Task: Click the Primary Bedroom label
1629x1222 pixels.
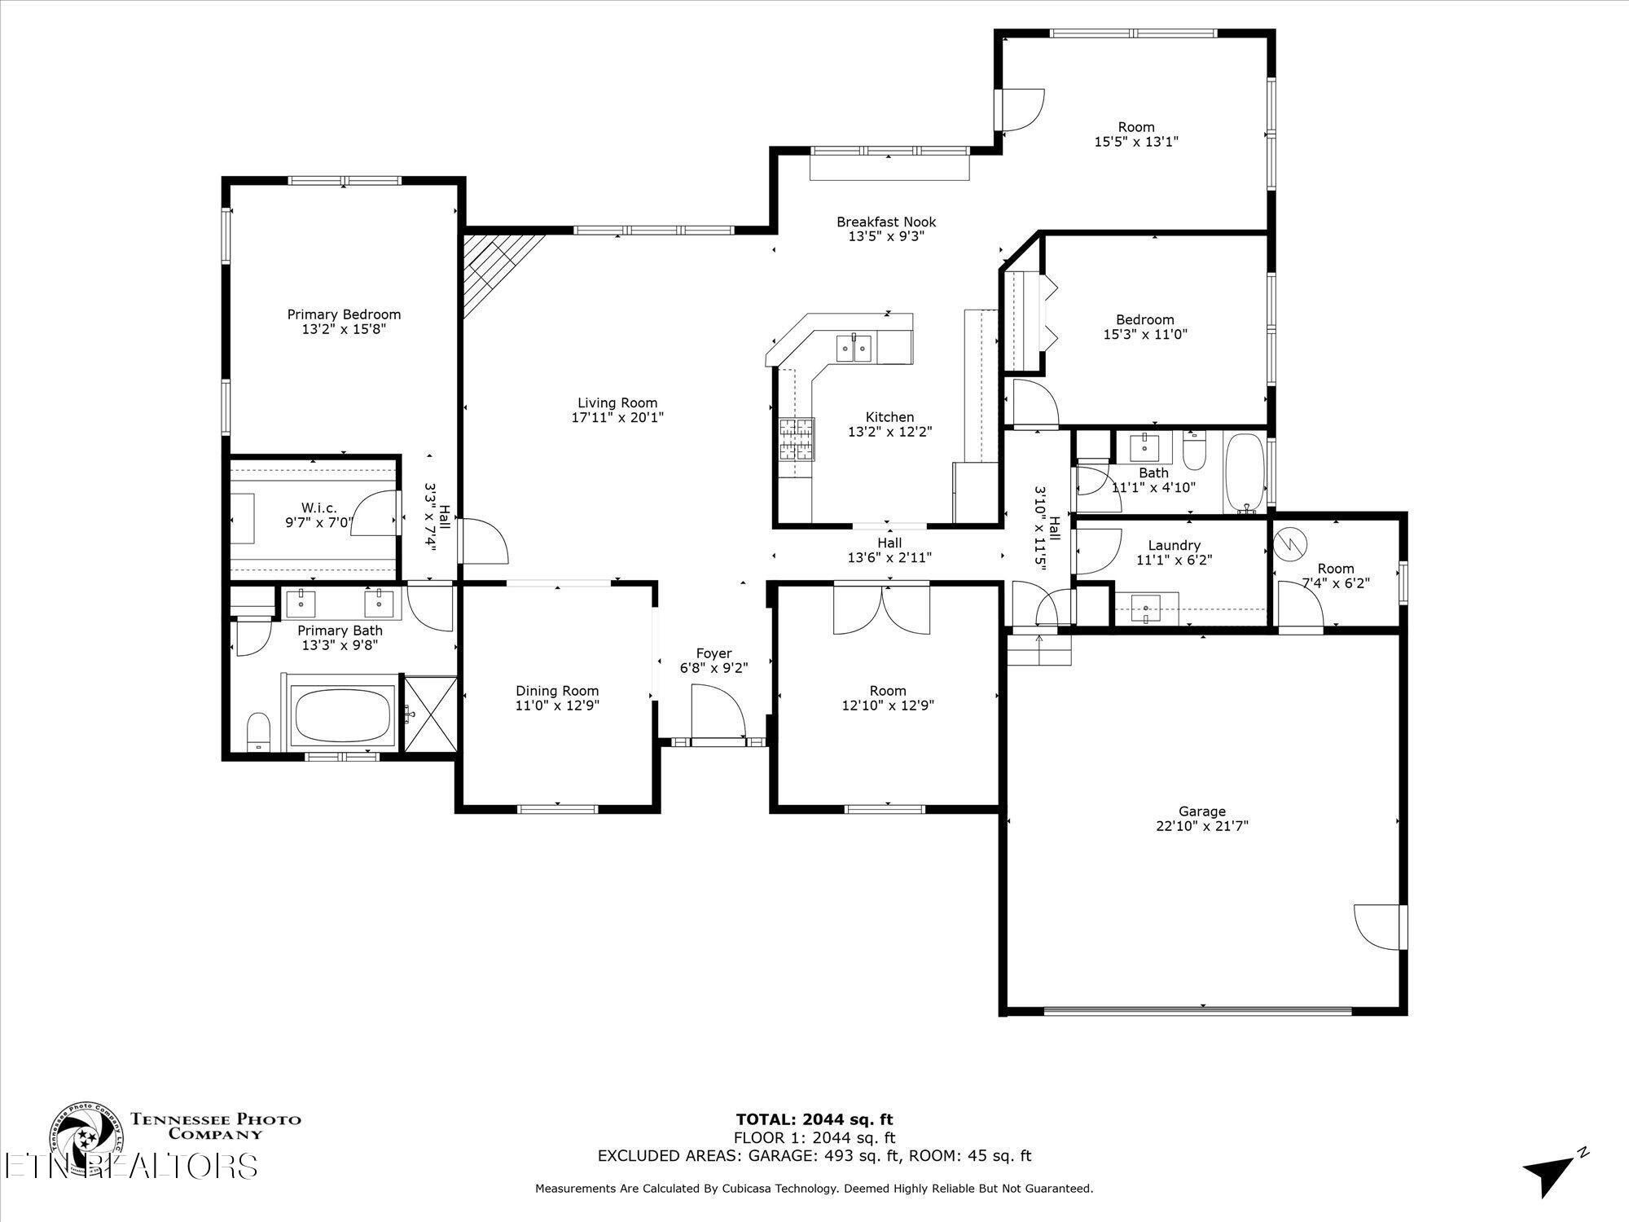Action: [x=344, y=314]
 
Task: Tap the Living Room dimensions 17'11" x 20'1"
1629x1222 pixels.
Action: [x=617, y=417]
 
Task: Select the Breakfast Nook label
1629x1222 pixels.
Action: [x=886, y=222]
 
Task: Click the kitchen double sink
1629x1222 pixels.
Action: [x=854, y=348]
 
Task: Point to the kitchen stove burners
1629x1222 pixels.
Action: [x=797, y=440]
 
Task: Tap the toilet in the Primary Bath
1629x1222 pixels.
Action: [x=258, y=731]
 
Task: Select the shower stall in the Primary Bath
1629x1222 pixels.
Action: [x=430, y=713]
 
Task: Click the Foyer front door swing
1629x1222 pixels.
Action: [x=718, y=712]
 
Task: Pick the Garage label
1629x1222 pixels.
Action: [x=1202, y=811]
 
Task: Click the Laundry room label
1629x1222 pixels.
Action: [x=1174, y=546]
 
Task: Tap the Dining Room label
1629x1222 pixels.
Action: [x=557, y=691]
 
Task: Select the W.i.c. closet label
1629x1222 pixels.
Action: [x=318, y=508]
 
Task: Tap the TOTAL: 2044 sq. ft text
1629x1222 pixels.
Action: [x=814, y=1119]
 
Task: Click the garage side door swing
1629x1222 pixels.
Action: [x=1377, y=926]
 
